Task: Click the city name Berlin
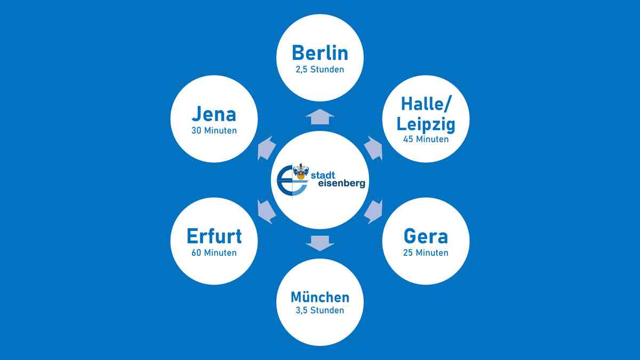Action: click(x=320, y=53)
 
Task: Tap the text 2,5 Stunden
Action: click(x=320, y=69)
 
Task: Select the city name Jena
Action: click(x=214, y=114)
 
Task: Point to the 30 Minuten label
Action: click(x=214, y=131)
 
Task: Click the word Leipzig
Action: click(x=426, y=125)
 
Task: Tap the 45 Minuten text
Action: click(x=426, y=139)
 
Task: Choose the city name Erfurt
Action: click(x=214, y=236)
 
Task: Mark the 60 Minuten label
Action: click(x=214, y=253)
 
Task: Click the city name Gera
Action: click(x=426, y=236)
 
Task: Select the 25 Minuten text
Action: click(x=426, y=253)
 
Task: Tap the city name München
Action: click(x=320, y=297)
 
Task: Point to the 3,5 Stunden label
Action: click(x=320, y=310)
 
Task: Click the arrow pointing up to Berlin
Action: click(x=320, y=117)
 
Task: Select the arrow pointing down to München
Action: click(x=320, y=243)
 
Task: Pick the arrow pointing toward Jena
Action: click(x=266, y=149)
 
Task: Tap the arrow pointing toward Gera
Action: click(x=374, y=212)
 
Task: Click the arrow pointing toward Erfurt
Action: click(x=266, y=212)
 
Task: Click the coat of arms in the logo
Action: click(x=301, y=171)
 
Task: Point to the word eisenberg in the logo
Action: click(x=342, y=183)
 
